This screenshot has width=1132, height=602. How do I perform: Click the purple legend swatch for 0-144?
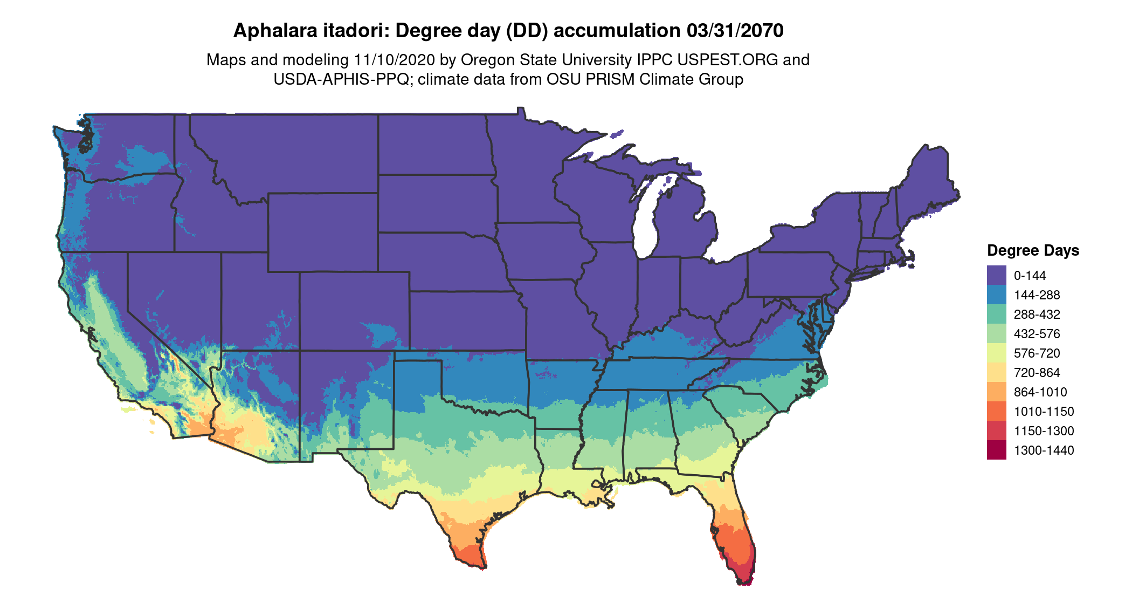coord(996,275)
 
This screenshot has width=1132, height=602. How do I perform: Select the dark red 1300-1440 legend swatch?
coord(996,450)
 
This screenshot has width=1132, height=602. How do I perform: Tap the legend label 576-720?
coord(1037,353)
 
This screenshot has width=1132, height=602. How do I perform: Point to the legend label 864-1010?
coord(1040,392)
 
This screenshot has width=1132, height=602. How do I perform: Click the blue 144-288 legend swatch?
coord(996,295)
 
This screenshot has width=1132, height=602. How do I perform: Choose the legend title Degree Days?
coord(1033,250)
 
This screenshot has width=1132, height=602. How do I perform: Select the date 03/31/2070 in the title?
coord(735,31)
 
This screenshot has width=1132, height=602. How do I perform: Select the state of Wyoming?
coord(322,232)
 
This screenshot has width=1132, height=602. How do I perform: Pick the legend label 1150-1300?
coord(1044,431)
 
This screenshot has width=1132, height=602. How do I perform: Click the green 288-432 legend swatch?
coord(996,314)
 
